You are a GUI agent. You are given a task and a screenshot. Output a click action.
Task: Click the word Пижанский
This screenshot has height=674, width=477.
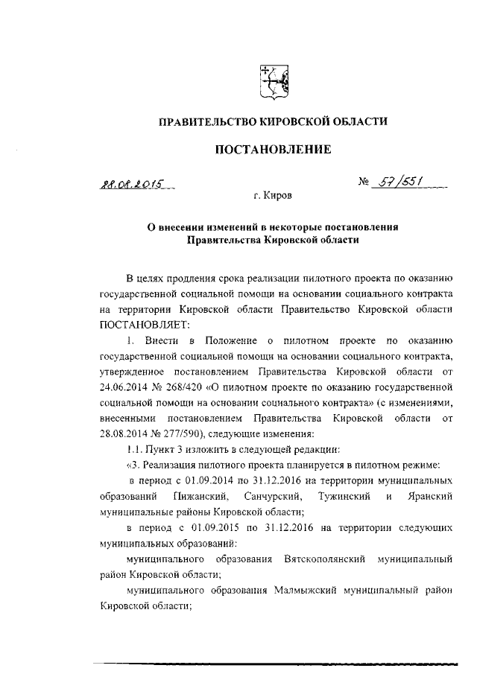pyautogui.click(x=197, y=496)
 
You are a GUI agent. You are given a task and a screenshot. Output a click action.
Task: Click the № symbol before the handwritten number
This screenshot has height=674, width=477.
pyautogui.click(x=364, y=182)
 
